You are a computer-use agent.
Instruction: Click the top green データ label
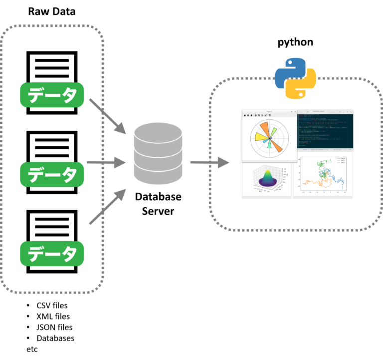click(52, 95)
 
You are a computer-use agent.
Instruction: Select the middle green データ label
click(52, 174)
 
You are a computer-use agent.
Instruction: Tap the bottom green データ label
click(52, 254)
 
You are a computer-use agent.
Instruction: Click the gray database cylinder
click(158, 153)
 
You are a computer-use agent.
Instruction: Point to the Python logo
click(296, 78)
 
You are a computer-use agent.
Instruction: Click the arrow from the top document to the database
click(107, 116)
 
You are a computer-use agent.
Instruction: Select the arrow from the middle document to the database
click(106, 162)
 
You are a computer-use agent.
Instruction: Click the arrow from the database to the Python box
click(209, 162)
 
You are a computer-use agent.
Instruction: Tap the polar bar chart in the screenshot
click(269, 138)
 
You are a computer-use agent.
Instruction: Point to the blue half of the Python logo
click(290, 70)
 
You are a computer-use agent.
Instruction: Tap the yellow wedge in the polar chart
click(261, 137)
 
